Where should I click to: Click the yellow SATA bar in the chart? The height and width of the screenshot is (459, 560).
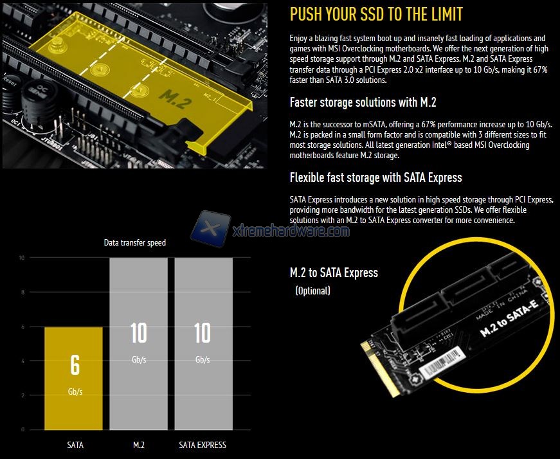pyautogui.click(x=73, y=378)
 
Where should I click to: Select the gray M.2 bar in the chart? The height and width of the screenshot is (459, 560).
pyautogui.click(x=139, y=344)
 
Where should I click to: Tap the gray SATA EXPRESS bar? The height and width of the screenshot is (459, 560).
pyautogui.click(x=204, y=344)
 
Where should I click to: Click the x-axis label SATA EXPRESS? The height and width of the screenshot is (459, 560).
pyautogui.click(x=203, y=445)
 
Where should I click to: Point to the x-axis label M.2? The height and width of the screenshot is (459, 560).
pyautogui.click(x=139, y=445)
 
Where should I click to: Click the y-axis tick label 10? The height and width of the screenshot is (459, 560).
pyautogui.click(x=21, y=258)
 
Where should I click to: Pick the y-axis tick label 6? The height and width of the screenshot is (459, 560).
pyautogui.click(x=23, y=327)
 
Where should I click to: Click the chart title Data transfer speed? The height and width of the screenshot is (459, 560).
pyautogui.click(x=134, y=243)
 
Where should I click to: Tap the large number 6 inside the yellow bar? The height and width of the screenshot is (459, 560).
pyautogui.click(x=75, y=365)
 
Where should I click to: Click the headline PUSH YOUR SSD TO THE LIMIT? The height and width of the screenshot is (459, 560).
pyautogui.click(x=376, y=14)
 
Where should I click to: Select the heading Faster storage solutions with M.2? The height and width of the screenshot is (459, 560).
pyautogui.click(x=363, y=102)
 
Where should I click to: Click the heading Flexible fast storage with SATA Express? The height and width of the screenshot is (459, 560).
pyautogui.click(x=375, y=177)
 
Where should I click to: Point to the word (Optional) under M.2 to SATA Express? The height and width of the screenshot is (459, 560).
pyautogui.click(x=313, y=291)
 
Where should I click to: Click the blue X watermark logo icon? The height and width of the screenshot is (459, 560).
pyautogui.click(x=211, y=229)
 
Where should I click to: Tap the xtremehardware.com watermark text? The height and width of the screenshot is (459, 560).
pyautogui.click(x=291, y=231)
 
